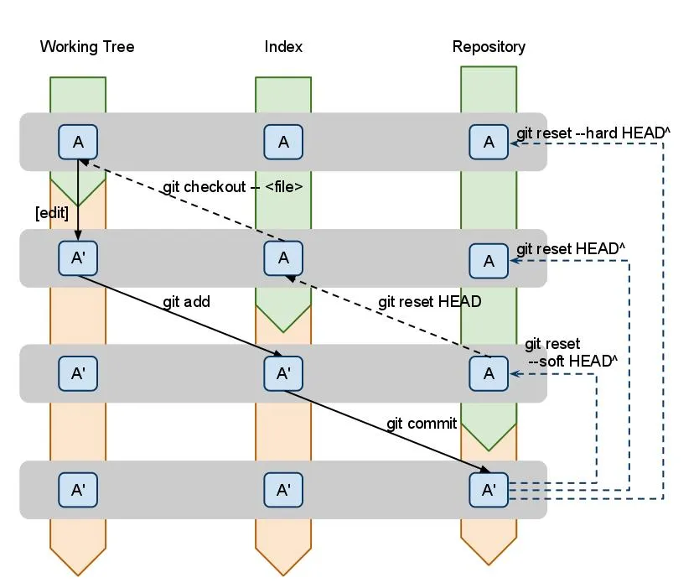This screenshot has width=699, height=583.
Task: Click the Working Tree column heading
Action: pyautogui.click(x=86, y=47)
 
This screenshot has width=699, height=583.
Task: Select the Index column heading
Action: pyautogui.click(x=283, y=47)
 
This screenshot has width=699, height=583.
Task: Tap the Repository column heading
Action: pyautogui.click(x=489, y=47)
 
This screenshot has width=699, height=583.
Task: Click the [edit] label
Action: pyautogui.click(x=52, y=213)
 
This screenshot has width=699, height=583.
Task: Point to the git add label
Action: pyautogui.click(x=186, y=301)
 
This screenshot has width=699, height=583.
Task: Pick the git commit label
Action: pyautogui.click(x=422, y=423)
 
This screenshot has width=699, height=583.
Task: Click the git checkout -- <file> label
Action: pyautogui.click(x=232, y=186)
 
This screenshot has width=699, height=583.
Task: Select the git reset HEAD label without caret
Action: pyautogui.click(x=429, y=301)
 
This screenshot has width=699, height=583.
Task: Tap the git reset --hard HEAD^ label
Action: pyautogui.click(x=594, y=133)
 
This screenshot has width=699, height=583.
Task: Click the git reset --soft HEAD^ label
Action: pyautogui.click(x=572, y=352)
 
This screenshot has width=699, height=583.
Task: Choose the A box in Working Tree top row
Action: pyautogui.click(x=78, y=142)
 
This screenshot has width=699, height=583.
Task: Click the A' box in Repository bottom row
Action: pyautogui.click(x=489, y=489)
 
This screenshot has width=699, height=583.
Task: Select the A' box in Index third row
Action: pyautogui.click(x=283, y=373)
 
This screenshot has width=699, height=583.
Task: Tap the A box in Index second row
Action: pyautogui.click(x=283, y=258)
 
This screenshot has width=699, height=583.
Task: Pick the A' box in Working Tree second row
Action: pyautogui.click(x=78, y=258)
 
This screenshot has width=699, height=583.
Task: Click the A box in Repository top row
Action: pyautogui.click(x=489, y=142)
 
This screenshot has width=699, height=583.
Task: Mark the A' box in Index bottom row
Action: pyautogui.click(x=283, y=489)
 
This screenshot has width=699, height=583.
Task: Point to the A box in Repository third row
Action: pyautogui.click(x=489, y=373)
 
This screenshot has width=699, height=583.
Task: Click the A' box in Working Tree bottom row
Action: pyautogui.click(x=78, y=489)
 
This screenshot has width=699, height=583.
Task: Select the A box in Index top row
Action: pyautogui.click(x=283, y=142)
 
